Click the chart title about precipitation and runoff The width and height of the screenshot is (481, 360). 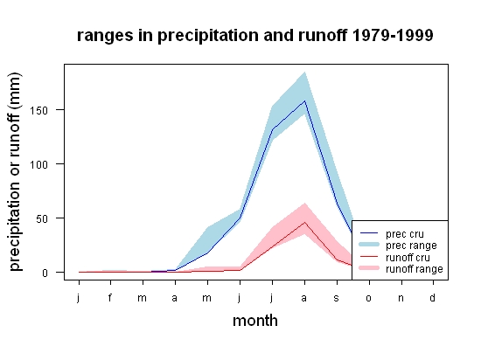point(254,36)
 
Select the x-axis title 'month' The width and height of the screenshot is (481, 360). point(255,321)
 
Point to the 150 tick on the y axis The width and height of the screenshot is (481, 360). point(39,111)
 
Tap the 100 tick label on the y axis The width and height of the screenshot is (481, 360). point(39,165)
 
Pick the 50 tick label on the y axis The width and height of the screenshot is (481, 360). point(42,219)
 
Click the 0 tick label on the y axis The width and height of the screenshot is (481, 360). point(45,273)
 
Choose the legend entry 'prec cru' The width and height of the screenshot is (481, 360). point(392,234)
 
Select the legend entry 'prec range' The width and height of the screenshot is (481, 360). point(398,246)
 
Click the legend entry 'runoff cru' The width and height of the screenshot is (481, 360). point(394,258)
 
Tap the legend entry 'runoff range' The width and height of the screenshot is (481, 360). point(401,269)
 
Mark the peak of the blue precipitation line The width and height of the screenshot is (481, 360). point(304,100)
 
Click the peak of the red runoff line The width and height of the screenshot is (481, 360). point(304,222)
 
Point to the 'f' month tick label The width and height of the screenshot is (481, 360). point(110,297)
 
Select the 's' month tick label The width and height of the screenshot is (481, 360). point(337,298)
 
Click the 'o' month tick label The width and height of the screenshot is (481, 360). point(369,298)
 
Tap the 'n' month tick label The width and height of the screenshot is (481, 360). point(401,298)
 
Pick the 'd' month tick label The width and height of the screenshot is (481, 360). point(433,297)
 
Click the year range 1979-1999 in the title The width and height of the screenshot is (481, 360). point(393,35)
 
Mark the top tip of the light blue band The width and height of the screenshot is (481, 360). point(304,72)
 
